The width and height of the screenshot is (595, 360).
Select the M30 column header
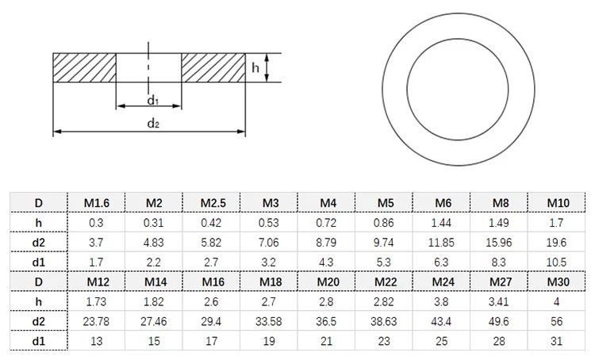point(558,281)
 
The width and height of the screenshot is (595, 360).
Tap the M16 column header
point(212,281)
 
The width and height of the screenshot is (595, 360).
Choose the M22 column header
point(385,281)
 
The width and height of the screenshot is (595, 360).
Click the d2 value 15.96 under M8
point(501,241)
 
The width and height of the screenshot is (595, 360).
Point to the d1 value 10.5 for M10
point(558,261)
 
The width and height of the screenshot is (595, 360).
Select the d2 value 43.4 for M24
point(443,320)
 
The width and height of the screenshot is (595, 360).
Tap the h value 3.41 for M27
point(501,301)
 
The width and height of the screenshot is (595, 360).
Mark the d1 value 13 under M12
point(96,340)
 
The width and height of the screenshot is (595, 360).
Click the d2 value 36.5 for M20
point(327,320)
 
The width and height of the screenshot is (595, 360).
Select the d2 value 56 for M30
point(558,320)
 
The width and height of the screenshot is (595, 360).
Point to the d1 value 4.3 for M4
point(327,261)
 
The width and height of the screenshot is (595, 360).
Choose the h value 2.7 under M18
point(270,301)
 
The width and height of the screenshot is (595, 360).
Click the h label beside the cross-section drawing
point(255,68)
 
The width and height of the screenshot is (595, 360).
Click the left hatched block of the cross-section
point(84,68)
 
